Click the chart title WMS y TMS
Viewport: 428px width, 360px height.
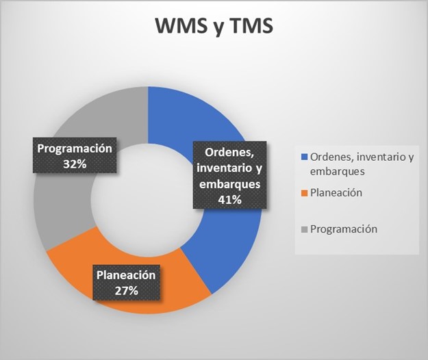point(214,26)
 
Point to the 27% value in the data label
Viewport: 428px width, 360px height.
point(127,291)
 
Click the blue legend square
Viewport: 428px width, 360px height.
point(304,158)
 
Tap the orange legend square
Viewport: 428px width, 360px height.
point(304,194)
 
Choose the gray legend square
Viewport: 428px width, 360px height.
point(304,229)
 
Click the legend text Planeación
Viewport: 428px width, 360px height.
point(338,194)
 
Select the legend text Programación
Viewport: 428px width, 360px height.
point(344,229)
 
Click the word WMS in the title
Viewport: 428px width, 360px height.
point(179,26)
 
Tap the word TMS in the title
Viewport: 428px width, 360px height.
point(250,26)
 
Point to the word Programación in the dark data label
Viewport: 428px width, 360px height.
point(74,149)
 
